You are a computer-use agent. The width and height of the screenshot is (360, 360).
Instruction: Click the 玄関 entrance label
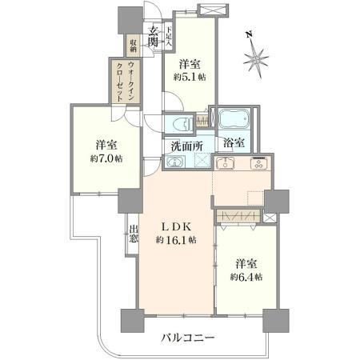154,38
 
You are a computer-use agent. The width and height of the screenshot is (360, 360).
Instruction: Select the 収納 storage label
133,46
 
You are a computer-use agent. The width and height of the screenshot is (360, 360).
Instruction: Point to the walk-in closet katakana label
126,81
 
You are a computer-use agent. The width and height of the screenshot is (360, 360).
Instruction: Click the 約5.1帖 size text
190,78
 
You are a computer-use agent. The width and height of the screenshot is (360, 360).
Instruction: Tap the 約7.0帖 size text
106,159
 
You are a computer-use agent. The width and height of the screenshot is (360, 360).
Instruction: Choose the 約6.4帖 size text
246,278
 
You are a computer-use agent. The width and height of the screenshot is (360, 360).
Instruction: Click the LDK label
177,227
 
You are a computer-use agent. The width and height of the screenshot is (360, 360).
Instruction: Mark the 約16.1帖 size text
176,240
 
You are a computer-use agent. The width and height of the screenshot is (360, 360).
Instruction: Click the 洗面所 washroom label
187,146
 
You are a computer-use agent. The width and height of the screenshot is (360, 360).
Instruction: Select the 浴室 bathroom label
234,143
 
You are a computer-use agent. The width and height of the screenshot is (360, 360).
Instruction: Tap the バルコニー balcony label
188,338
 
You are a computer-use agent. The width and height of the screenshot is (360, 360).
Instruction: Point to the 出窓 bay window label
134,234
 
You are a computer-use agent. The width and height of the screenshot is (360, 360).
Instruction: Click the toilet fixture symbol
182,124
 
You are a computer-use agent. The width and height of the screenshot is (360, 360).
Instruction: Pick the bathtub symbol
234,118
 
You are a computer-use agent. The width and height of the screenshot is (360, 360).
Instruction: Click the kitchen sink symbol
226,163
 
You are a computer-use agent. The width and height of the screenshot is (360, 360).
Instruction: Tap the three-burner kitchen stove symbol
258,163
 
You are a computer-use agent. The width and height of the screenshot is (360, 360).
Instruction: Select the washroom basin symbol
175,162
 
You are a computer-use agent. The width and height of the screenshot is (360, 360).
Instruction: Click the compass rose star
256,60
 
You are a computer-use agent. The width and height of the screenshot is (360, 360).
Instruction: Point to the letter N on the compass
250,34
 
